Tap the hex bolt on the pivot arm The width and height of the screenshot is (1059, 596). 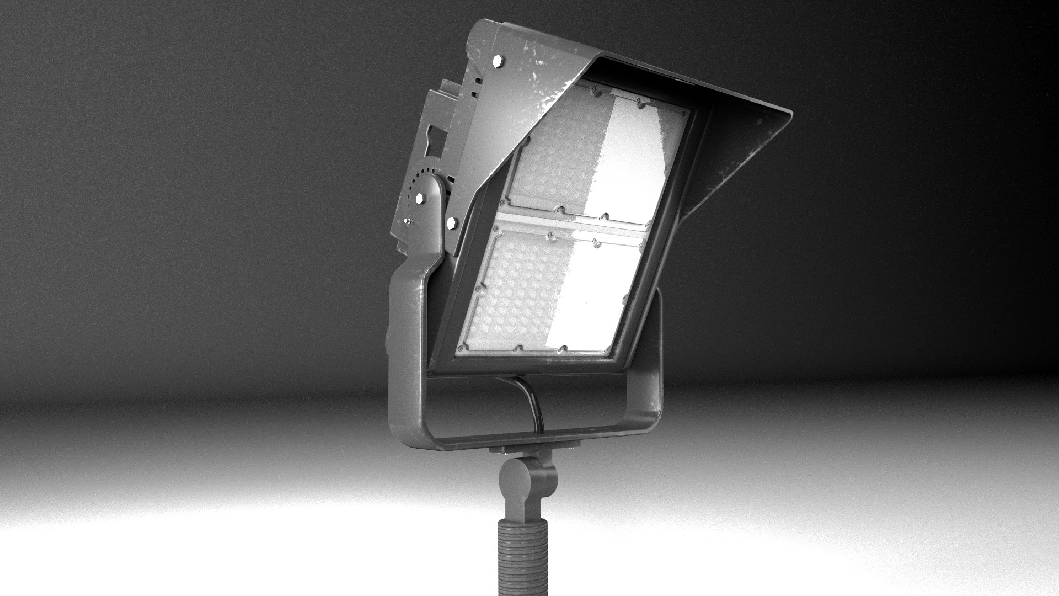point(421,199)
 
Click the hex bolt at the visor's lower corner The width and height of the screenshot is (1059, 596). point(452,223)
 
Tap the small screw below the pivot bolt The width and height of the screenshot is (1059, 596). point(407,221)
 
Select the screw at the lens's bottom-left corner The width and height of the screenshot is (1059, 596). point(459,349)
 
